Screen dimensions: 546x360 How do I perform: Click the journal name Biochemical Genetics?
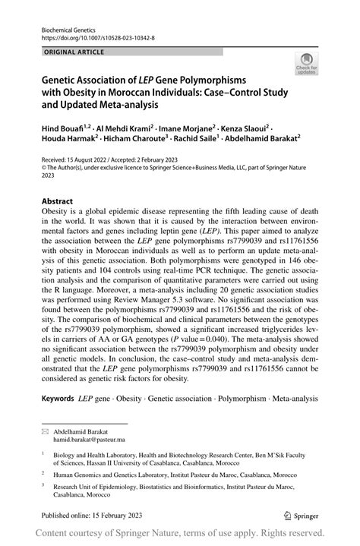pos(66,25)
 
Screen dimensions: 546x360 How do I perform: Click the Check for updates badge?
pos(308,66)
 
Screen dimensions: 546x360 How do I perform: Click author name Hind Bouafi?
pos(61,130)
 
